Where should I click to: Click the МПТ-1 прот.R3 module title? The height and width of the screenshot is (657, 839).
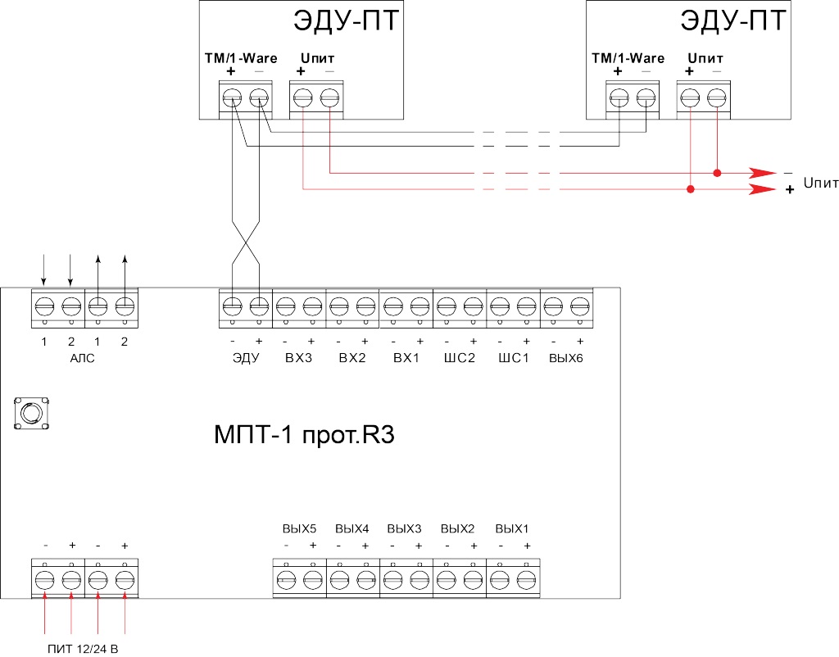click(x=304, y=434)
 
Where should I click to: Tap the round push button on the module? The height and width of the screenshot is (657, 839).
click(x=32, y=413)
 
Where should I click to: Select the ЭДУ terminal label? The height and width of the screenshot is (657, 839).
click(x=246, y=358)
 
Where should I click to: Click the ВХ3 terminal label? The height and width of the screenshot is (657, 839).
click(x=298, y=358)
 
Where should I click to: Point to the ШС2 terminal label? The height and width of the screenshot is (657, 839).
click(x=460, y=358)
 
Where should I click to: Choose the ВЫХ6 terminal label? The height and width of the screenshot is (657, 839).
click(x=566, y=358)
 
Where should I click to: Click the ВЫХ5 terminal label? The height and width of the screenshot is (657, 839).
click(x=300, y=528)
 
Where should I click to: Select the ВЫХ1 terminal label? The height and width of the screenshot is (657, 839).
click(x=512, y=528)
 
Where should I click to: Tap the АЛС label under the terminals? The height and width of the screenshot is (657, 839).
click(x=83, y=358)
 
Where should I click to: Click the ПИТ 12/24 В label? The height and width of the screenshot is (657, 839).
click(x=83, y=649)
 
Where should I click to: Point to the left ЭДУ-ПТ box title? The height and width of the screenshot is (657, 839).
click(x=347, y=20)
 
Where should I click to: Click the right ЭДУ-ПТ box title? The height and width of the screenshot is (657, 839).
click(x=733, y=20)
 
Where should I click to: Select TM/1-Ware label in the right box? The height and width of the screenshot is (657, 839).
click(x=628, y=58)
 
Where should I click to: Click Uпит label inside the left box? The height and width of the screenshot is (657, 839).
click(x=317, y=58)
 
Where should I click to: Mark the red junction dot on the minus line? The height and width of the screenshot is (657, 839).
click(x=717, y=173)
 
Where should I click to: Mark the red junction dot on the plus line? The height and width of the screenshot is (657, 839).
click(x=690, y=189)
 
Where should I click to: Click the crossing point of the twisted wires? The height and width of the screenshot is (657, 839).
click(x=246, y=242)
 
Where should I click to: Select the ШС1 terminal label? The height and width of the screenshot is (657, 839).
click(x=514, y=358)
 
